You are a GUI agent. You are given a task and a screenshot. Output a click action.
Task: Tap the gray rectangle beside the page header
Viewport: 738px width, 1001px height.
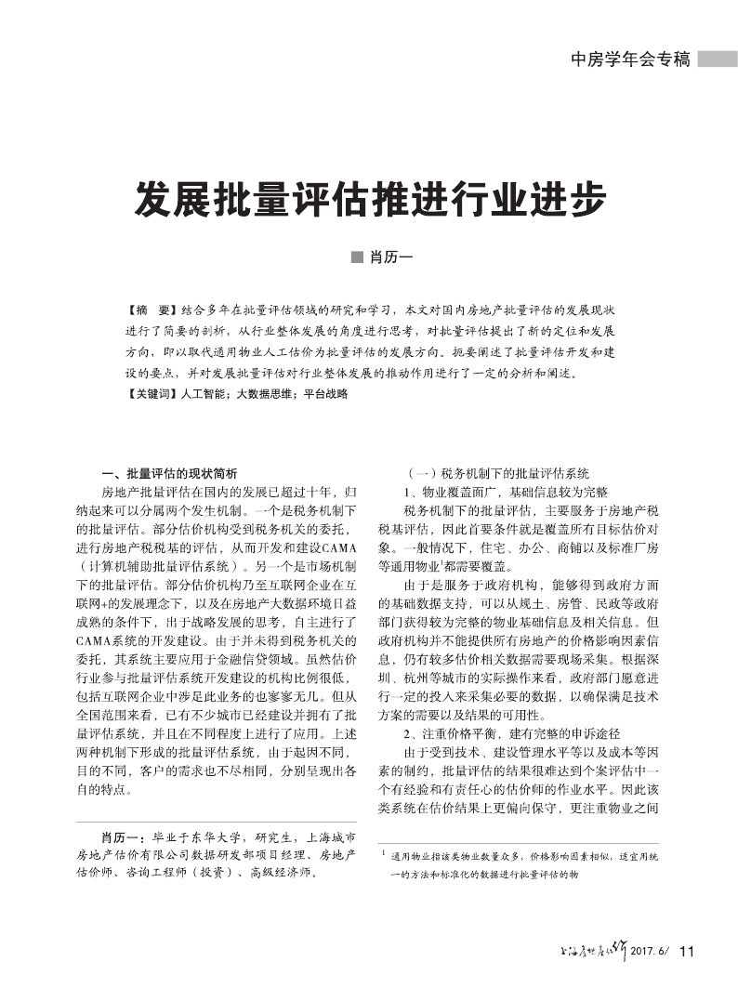click(717, 59)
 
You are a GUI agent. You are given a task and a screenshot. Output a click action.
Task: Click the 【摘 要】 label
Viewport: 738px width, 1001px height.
click(150, 308)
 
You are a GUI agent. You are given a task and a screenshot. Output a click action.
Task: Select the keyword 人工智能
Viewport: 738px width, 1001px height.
click(206, 394)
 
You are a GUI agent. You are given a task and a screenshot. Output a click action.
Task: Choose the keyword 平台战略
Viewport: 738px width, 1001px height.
click(323, 394)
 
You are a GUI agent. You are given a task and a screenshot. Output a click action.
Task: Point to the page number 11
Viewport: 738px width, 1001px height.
click(687, 950)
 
